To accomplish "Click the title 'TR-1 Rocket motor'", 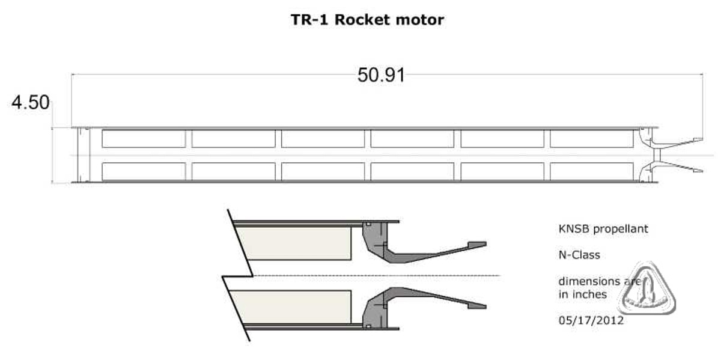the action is pyautogui.click(x=367, y=20).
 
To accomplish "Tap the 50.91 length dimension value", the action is pyautogui.click(x=381, y=75).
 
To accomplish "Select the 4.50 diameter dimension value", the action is pyautogui.click(x=31, y=102).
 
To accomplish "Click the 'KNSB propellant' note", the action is pyautogui.click(x=603, y=229).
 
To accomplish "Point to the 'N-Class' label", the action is pyautogui.click(x=579, y=255).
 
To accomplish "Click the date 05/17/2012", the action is pyautogui.click(x=591, y=320).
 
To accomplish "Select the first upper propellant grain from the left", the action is pyautogui.click(x=144, y=139).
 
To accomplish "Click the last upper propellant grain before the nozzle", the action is pyautogui.click(x=592, y=139).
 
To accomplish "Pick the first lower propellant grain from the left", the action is pyautogui.click(x=144, y=172).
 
